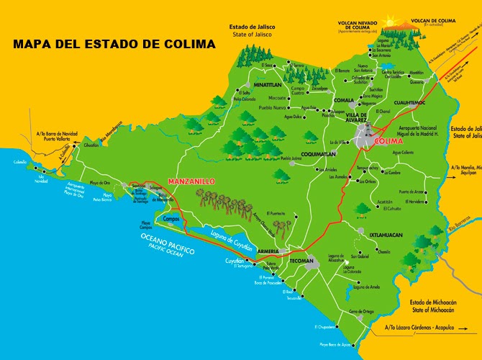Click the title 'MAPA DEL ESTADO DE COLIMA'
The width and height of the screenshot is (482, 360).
point(114,45)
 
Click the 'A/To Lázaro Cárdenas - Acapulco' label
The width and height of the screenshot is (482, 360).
point(428,328)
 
